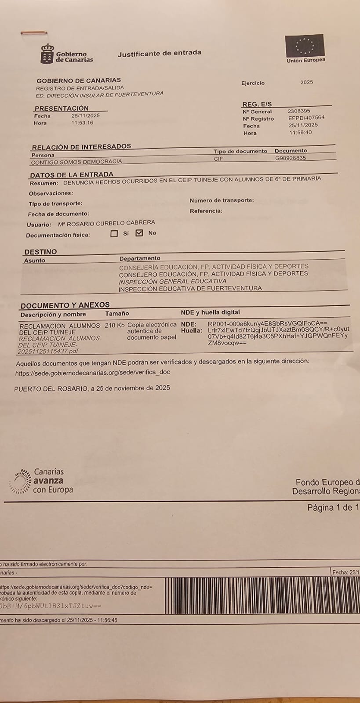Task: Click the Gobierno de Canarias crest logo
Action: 47,54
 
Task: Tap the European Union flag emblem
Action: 305,45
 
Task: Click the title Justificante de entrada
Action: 160,53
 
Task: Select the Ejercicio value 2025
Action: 307,82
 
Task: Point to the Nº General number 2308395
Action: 299,112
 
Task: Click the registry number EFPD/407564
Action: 306,118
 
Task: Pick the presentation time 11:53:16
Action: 82,123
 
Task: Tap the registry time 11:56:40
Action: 301,132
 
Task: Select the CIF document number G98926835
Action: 291,158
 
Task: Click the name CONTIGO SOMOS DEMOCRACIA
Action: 76,162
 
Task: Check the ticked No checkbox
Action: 139,233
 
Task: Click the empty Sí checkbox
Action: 114,234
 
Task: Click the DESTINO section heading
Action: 40,252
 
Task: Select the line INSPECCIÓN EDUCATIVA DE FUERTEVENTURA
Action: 190,289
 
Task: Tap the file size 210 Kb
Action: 115,326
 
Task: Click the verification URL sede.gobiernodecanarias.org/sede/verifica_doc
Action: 92,372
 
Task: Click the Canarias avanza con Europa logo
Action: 41,481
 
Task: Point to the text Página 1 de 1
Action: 333,507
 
